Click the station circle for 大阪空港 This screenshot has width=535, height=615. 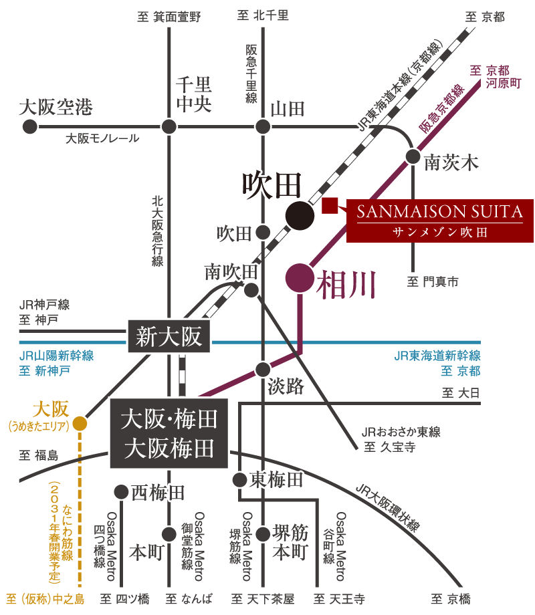click(x=29, y=126)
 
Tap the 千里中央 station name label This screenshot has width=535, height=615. click(x=193, y=94)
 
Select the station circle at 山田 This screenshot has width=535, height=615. click(x=263, y=126)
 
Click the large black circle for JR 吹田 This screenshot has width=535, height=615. click(x=300, y=215)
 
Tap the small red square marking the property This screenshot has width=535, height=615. click(x=329, y=206)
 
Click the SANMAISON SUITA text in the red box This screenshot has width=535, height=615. click(x=439, y=213)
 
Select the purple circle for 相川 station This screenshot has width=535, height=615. click(x=299, y=278)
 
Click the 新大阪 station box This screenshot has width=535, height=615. click(x=169, y=336)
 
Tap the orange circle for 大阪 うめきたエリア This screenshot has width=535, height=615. click(x=80, y=423)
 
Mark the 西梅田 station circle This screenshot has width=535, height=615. click(x=120, y=492)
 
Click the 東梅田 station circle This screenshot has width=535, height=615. click(x=239, y=479)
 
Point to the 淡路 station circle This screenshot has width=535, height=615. click(x=263, y=369)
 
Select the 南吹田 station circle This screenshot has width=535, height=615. click(x=251, y=289)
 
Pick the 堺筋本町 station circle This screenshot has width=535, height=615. click(x=263, y=534)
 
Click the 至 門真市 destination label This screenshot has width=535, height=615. click(x=433, y=282)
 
